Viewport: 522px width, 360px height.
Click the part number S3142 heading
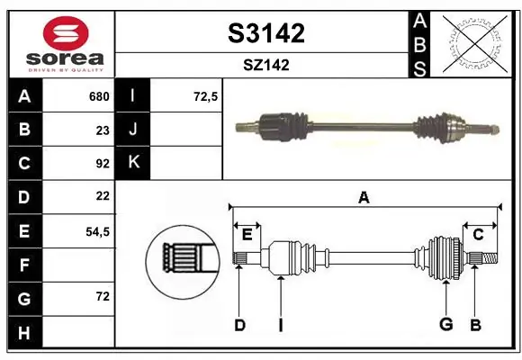266,33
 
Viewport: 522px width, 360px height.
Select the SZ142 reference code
266,65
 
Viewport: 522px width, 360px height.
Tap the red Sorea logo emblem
66,33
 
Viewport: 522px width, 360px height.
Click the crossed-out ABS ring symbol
475,43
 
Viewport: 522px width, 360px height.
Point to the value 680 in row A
99,96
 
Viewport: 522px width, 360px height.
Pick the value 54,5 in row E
97,231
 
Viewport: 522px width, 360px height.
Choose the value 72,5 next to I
205,96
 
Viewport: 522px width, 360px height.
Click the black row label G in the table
24,299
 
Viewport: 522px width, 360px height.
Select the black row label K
133,162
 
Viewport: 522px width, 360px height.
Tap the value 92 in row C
103,164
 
